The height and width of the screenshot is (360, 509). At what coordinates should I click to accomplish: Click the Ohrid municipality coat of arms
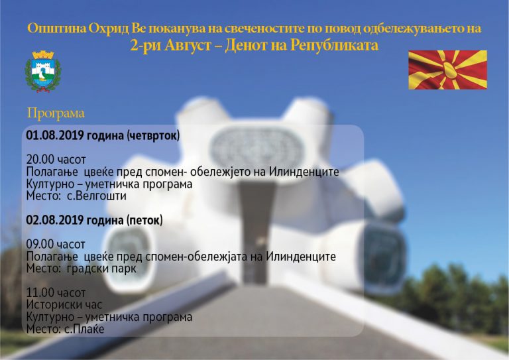click(x=43, y=72)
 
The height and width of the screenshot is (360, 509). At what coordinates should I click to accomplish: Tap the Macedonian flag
click(x=447, y=70)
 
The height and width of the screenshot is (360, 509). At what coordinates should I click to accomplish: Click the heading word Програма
click(x=56, y=113)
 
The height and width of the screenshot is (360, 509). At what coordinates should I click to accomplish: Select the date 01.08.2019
click(x=55, y=135)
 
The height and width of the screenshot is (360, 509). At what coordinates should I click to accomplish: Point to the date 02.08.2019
click(x=55, y=220)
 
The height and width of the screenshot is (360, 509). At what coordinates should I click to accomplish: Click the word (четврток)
click(x=153, y=136)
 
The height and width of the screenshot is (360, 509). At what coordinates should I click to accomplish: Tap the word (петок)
click(x=144, y=221)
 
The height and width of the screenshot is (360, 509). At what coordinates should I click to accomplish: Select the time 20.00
click(x=40, y=160)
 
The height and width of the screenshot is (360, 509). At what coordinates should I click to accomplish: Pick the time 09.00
click(x=40, y=245)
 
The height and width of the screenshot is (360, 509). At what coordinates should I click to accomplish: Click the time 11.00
click(x=40, y=293)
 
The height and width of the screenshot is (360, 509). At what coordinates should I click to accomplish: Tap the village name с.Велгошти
click(x=96, y=196)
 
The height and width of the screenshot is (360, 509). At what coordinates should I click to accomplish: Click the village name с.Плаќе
click(x=84, y=329)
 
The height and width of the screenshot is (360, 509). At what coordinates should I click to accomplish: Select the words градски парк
click(x=101, y=269)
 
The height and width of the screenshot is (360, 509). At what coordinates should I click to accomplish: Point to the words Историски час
click(x=64, y=305)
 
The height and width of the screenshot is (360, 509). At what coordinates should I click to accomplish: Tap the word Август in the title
click(x=188, y=46)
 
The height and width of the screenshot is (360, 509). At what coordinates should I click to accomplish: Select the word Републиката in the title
click(x=334, y=46)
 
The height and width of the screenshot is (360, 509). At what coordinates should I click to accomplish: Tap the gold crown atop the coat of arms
click(x=43, y=54)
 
